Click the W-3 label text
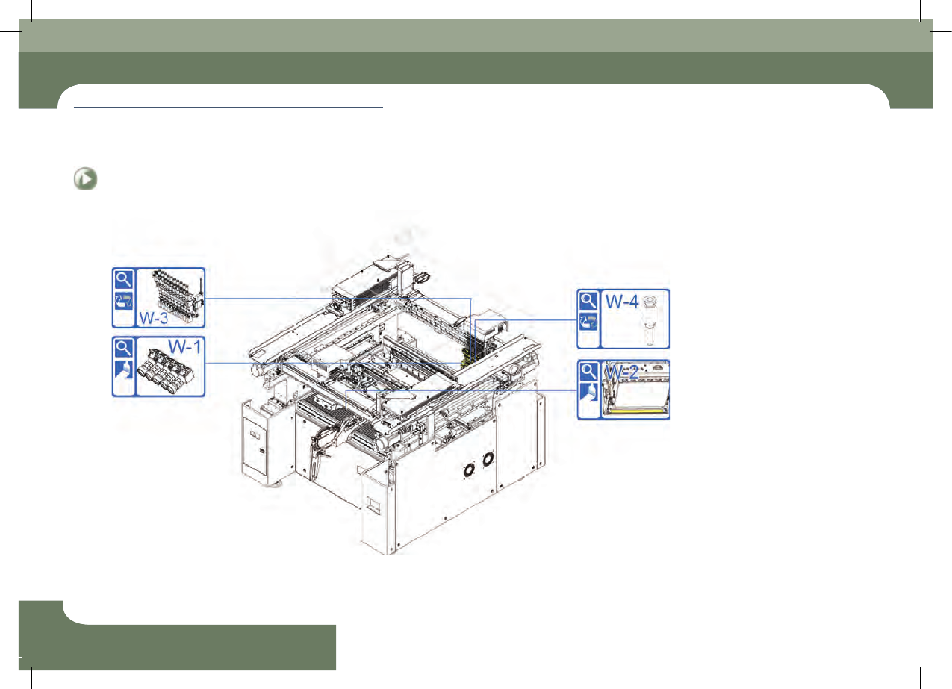pyautogui.click(x=153, y=318)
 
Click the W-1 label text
pyautogui.click(x=184, y=346)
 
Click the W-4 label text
pyautogui.click(x=622, y=302)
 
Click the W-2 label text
pyautogui.click(x=621, y=372)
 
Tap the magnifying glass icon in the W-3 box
pyautogui.click(x=124, y=280)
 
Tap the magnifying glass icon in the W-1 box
pyautogui.click(x=124, y=349)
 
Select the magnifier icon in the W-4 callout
pyautogui.click(x=588, y=301)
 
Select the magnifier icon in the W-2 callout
pyautogui.click(x=588, y=372)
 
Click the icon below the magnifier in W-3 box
pyautogui.click(x=124, y=301)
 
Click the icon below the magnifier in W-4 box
pyautogui.click(x=588, y=322)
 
